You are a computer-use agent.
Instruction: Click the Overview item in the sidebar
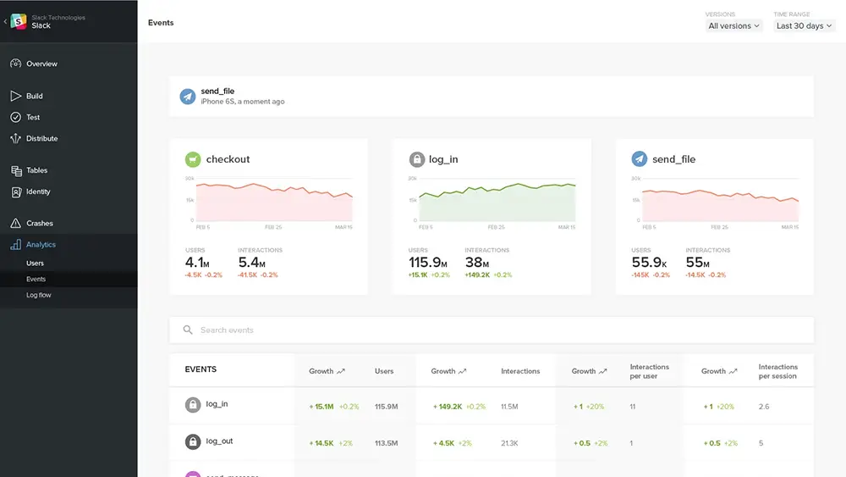click(41, 64)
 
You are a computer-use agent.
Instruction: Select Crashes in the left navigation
click(39, 224)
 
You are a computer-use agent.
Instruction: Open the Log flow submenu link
click(39, 295)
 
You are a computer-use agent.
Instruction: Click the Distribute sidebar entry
click(41, 139)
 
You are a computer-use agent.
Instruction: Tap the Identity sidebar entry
click(38, 191)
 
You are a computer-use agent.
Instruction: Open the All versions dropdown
click(734, 26)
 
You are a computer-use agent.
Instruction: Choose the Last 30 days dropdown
click(804, 26)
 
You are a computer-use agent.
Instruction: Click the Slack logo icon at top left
click(19, 22)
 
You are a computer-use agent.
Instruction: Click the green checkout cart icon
click(193, 159)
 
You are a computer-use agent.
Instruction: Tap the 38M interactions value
click(479, 263)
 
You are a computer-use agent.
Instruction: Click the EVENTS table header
click(201, 369)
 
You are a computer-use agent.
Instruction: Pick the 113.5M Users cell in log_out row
click(387, 442)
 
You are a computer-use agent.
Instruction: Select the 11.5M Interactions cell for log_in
click(509, 407)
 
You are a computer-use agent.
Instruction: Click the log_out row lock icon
click(193, 441)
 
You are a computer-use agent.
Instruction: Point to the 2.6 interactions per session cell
click(764, 407)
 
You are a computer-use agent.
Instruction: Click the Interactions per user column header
click(650, 371)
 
